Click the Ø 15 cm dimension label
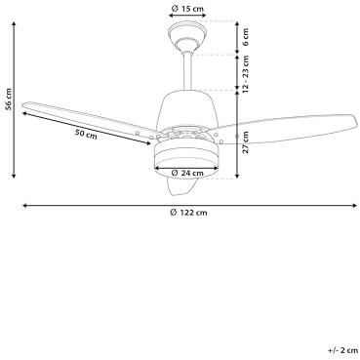tap(187, 8)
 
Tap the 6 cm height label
tap(246, 37)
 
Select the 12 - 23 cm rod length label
tap(246, 73)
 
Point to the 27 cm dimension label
tap(246, 142)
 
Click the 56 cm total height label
tap(9, 100)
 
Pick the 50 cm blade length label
tap(86, 134)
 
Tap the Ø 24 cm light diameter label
tap(187, 173)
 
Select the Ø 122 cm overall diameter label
tap(189, 213)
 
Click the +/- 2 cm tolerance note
tap(342, 350)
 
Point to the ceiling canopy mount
tap(187, 34)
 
